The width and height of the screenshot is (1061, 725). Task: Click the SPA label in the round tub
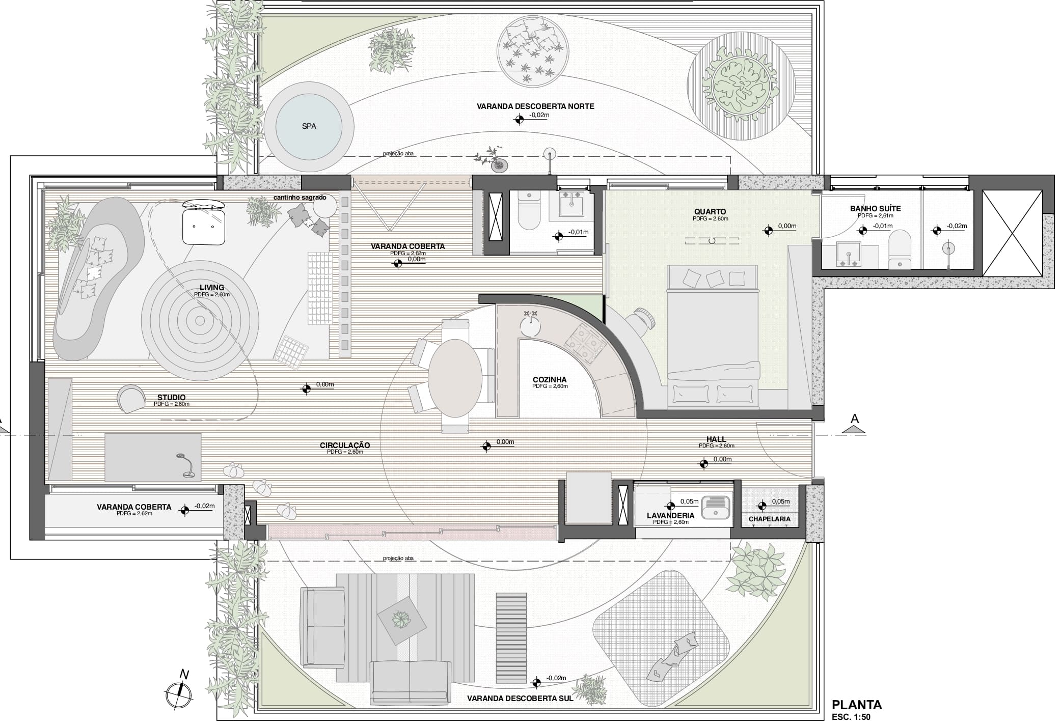point(309,126)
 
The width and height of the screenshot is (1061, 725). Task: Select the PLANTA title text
point(857,705)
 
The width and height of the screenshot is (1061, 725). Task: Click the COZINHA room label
point(550,379)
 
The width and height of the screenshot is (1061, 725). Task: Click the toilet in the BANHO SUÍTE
point(900,249)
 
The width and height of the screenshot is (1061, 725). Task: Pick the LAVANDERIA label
point(670,515)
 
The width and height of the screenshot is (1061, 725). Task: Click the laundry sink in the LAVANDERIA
point(716,507)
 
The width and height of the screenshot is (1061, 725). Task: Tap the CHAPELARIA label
point(769,519)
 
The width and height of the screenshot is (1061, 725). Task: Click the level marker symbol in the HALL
point(703,463)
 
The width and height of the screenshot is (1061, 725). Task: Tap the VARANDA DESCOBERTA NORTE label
point(535,106)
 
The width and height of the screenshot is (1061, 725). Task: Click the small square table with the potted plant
point(402,620)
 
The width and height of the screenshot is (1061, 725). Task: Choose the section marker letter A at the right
point(855,419)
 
